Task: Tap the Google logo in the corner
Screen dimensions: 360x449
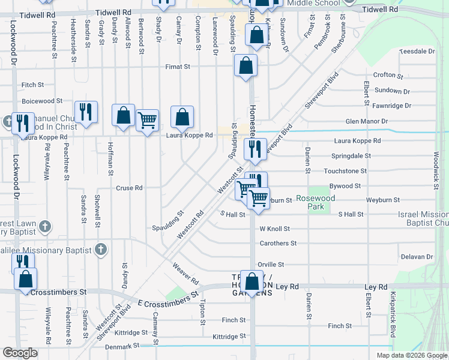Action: [20, 353]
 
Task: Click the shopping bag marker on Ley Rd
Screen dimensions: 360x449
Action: [253, 281]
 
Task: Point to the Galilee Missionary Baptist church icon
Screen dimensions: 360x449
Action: [101, 250]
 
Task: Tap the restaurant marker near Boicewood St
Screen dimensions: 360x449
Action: [86, 112]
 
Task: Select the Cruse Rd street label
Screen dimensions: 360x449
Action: [129, 188]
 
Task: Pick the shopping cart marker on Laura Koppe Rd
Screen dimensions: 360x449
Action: [147, 121]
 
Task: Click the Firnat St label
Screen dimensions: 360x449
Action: [178, 67]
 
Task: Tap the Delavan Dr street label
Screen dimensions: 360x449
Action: [417, 257]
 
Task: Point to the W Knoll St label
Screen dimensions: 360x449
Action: [274, 229]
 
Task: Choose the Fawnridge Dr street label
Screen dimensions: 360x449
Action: [391, 106]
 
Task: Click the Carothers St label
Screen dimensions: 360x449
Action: [278, 244]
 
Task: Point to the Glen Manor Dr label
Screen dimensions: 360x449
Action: [366, 122]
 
